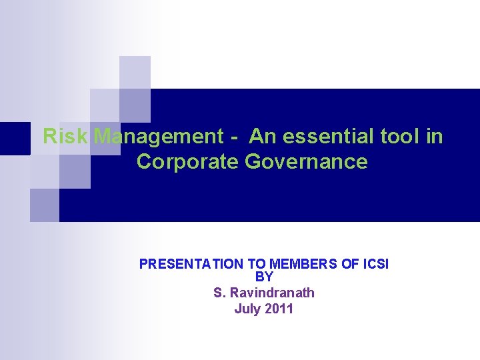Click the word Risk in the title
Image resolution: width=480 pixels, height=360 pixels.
(x=65, y=137)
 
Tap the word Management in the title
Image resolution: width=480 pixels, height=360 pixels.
(x=159, y=137)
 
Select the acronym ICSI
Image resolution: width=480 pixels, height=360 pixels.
(x=375, y=264)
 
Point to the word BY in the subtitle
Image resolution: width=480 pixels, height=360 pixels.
(x=264, y=277)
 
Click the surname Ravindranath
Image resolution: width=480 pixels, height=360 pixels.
(x=273, y=293)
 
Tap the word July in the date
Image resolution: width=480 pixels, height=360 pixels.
(x=247, y=309)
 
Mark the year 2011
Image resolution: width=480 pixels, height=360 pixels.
(x=279, y=309)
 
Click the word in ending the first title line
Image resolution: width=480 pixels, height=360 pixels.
(x=434, y=137)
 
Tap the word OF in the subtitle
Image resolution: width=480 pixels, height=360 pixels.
(x=350, y=264)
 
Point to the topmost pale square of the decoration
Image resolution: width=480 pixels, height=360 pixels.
(x=135, y=72)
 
